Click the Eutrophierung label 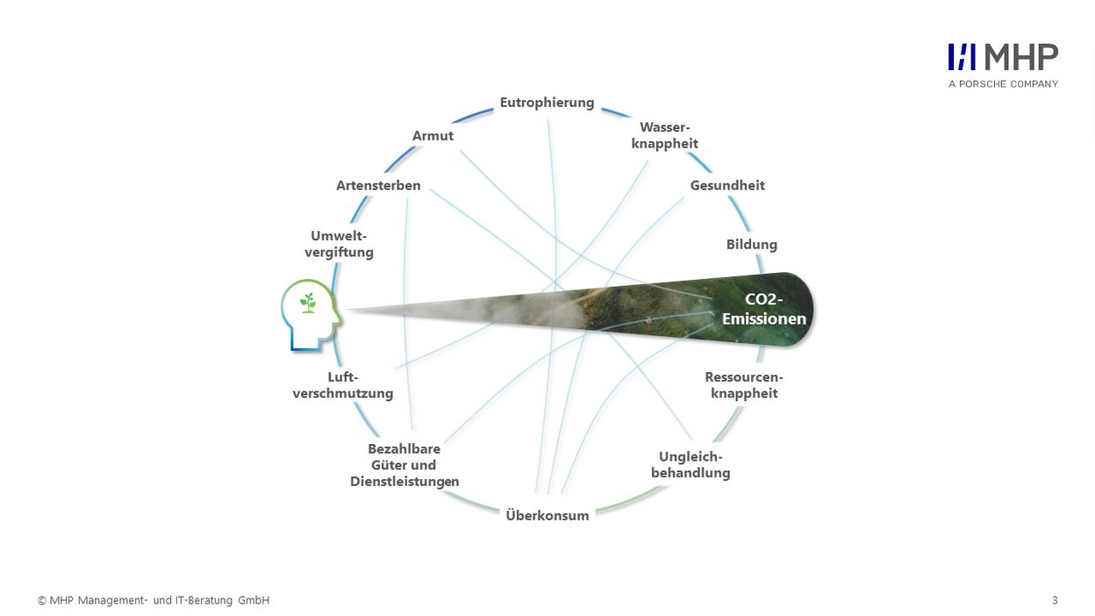coord(547,104)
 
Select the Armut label coord(433,135)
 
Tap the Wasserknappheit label coord(664,135)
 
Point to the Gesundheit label coord(727,185)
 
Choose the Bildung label coord(751,245)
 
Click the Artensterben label coord(378,185)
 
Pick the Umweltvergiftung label coord(339,244)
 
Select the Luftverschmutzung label coord(343,385)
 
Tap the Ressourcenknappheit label coord(744,385)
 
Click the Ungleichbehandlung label coord(691,465)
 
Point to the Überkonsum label coord(547,515)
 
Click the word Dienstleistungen coord(404,482)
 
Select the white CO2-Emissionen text coord(764,309)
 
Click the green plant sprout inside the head coord(308,303)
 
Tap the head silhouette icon coord(311,315)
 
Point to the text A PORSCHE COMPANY coord(1003,84)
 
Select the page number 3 coord(1055,600)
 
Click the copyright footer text coord(154,600)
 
